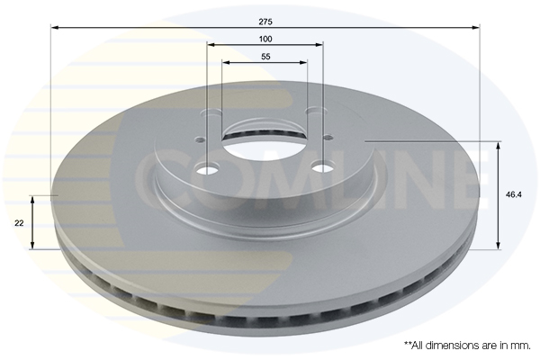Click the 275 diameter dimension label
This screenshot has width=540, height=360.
coord(265,22)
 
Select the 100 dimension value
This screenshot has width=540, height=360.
coord(265,39)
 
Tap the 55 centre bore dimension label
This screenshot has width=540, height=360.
coord(265,57)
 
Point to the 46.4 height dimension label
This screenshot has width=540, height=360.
coord(514,194)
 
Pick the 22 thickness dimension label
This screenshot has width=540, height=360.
coord(19,223)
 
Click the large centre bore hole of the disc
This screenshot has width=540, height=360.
coord(265,144)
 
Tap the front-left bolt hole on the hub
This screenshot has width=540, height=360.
coord(207,169)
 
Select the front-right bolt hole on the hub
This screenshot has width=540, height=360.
coord(322,167)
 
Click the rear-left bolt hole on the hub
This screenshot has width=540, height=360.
coord(211,112)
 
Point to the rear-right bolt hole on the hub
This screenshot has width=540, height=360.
coord(316,110)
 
